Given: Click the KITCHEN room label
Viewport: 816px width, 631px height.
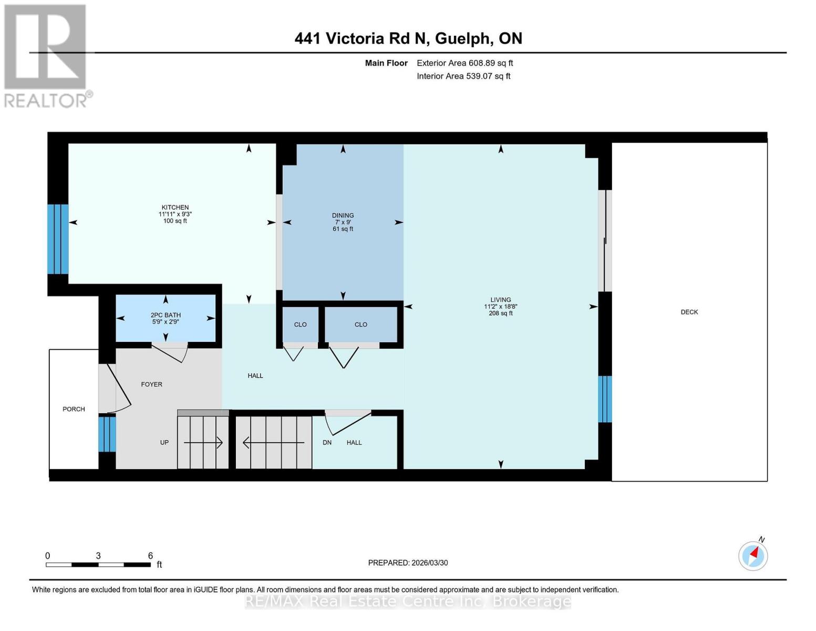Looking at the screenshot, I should (x=175, y=208).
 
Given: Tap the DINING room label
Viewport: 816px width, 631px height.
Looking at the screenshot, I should (x=343, y=216).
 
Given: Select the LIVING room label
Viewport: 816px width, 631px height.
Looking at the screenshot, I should (x=500, y=300).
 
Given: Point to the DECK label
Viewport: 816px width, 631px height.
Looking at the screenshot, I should (x=689, y=312).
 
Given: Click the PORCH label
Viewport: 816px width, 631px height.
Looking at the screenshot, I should (x=74, y=409).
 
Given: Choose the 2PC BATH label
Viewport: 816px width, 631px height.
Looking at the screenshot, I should (x=166, y=315).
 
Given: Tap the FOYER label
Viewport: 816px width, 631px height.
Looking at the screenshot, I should (x=151, y=384).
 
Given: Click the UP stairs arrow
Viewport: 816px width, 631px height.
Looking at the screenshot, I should (x=203, y=443).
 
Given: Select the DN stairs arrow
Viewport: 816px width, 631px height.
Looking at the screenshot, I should (x=273, y=443).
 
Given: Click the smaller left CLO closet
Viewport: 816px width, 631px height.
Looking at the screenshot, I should (x=300, y=324).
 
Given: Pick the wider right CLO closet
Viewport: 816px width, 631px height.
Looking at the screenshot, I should (x=360, y=324).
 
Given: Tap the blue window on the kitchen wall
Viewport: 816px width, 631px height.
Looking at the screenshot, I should (x=58, y=239).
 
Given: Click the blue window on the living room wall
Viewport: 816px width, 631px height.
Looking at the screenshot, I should (x=605, y=399).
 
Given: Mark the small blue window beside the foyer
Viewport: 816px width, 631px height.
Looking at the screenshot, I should (x=107, y=434).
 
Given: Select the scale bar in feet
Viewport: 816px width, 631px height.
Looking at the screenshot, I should (x=98, y=565).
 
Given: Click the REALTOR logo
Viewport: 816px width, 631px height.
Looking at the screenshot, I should (x=46, y=55).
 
